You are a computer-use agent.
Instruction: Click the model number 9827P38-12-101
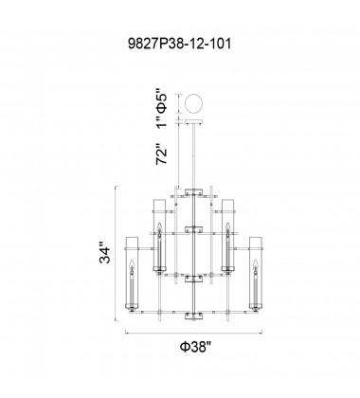coord(179,44)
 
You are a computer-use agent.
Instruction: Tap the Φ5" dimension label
coord(162,103)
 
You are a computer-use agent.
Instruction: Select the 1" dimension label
coord(162,122)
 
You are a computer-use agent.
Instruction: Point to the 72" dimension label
coord(161,154)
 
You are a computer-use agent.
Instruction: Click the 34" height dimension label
coord(105,253)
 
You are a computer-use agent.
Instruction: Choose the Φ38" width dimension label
coord(195,347)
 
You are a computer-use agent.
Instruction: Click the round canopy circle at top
coord(194,103)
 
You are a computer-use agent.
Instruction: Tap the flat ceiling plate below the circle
coord(194,122)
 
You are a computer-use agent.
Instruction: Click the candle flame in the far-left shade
coord(132,264)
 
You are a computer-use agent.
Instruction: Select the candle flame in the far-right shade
coord(255,264)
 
